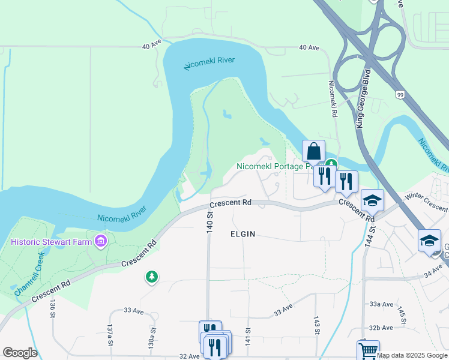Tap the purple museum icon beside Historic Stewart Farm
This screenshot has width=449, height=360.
(x=100, y=242)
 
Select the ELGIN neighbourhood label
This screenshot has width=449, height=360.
(x=243, y=234)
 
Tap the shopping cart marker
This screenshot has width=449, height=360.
(x=368, y=350)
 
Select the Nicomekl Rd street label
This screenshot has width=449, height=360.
(x=332, y=99)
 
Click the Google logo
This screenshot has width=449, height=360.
(x=20, y=353)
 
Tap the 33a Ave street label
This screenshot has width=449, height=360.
(x=381, y=304)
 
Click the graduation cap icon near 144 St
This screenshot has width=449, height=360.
(x=372, y=200)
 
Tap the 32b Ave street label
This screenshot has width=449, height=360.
(x=381, y=328)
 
